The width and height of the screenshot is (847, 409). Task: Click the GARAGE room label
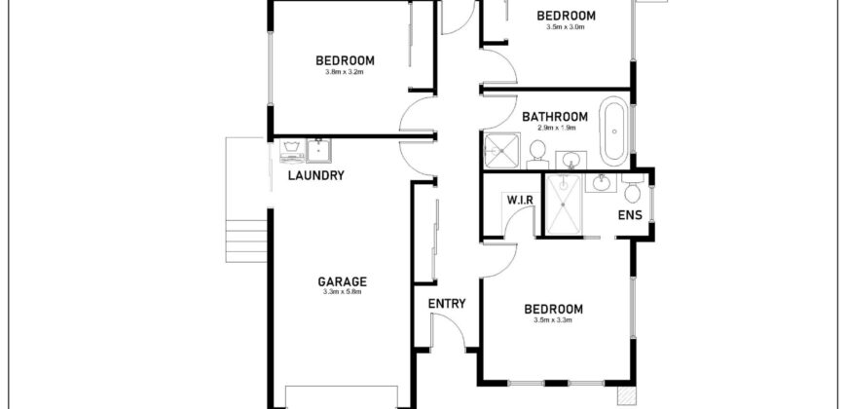[x=342, y=281]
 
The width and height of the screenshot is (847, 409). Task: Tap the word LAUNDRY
[x=316, y=175]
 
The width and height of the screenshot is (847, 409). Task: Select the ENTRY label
[x=447, y=304]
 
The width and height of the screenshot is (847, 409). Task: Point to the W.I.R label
[x=520, y=200]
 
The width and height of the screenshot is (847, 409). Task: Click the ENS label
[x=630, y=215]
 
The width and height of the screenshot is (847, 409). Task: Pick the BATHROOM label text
[x=555, y=117]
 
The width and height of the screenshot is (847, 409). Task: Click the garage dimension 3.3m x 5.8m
[x=342, y=292]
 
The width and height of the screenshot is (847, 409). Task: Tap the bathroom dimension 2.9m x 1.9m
[x=556, y=128]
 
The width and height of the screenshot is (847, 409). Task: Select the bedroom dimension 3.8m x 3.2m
[x=345, y=71]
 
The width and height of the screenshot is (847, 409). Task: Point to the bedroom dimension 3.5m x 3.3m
[x=553, y=319]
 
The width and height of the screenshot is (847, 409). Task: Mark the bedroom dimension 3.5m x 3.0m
[x=566, y=26]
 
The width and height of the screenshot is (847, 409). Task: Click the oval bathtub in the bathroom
[x=614, y=131]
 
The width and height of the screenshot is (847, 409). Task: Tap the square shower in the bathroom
[x=501, y=151]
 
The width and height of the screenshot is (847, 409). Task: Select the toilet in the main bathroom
[x=537, y=155]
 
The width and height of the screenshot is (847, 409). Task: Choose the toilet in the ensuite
[x=633, y=188]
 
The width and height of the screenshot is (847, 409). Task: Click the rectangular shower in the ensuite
[x=564, y=204]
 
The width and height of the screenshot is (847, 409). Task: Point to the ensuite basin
[x=601, y=183]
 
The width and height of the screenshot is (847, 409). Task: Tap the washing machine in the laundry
[x=291, y=151]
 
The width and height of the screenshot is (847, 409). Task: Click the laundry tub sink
[x=319, y=150]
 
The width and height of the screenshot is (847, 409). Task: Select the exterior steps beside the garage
[x=246, y=241]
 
